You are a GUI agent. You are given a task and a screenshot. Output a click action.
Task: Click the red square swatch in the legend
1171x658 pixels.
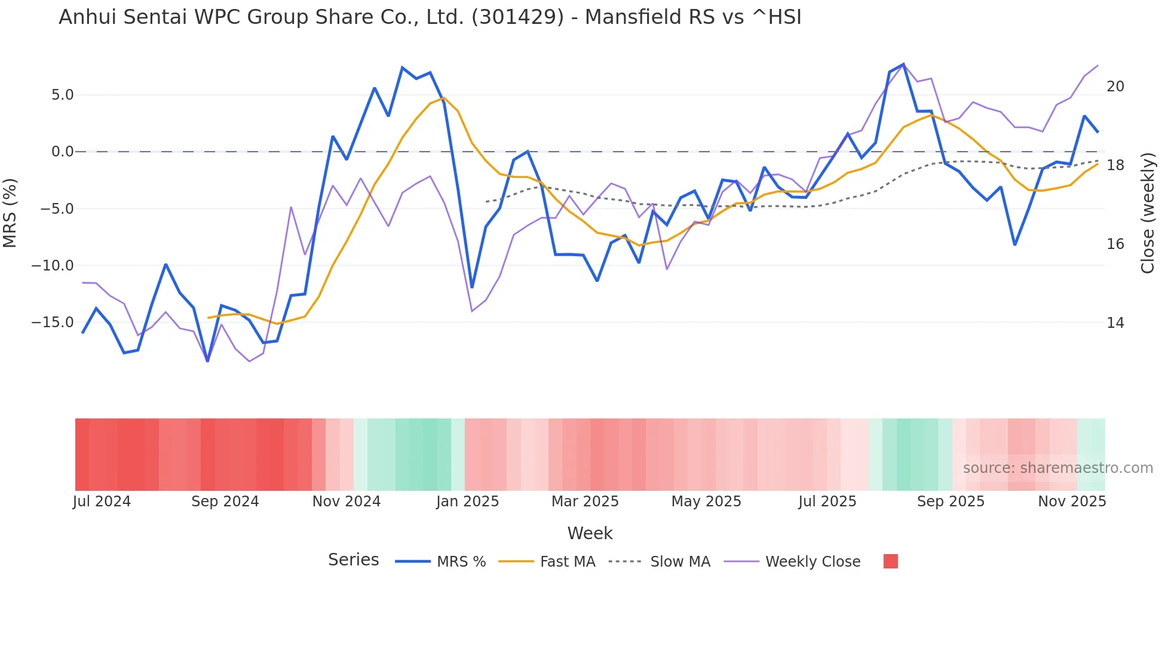pyautogui.click(x=890, y=561)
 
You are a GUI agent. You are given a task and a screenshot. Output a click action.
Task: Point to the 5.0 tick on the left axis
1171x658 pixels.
pyautogui.click(x=62, y=95)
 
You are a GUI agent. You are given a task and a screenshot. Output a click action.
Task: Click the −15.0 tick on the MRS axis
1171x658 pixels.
pyautogui.click(x=53, y=322)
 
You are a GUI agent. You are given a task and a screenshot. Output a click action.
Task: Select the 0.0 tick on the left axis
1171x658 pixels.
pyautogui.click(x=62, y=152)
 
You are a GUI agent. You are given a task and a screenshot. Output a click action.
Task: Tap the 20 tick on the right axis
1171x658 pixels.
pyautogui.click(x=1115, y=87)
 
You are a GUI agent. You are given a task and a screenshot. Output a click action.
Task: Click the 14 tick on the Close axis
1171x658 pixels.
pyautogui.click(x=1115, y=323)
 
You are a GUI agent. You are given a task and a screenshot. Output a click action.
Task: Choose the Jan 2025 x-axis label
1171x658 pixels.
pyautogui.click(x=467, y=502)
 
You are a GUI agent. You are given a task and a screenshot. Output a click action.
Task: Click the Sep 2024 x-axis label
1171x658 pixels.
pyautogui.click(x=225, y=502)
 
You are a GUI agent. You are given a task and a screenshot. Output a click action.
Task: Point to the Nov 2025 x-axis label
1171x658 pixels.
pyautogui.click(x=1071, y=502)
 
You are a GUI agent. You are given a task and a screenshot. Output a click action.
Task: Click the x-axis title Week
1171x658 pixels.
pyautogui.click(x=590, y=533)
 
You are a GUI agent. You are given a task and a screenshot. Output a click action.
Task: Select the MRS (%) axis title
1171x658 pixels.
pyautogui.click(x=10, y=213)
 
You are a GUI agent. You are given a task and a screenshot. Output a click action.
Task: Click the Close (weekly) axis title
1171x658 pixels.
pyautogui.click(x=1148, y=213)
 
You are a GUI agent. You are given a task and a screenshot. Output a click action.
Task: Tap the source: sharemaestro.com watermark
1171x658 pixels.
pyautogui.click(x=1057, y=468)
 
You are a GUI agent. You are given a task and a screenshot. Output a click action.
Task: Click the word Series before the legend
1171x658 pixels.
pyautogui.click(x=353, y=560)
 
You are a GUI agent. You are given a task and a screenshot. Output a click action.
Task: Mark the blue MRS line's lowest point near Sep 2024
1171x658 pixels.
pyautogui.click(x=207, y=361)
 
